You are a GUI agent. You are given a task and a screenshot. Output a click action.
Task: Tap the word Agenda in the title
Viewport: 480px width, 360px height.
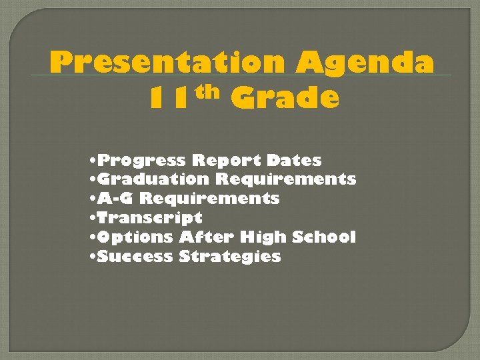point(366,63)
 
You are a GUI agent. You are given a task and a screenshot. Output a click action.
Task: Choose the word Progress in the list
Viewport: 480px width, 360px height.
point(142,161)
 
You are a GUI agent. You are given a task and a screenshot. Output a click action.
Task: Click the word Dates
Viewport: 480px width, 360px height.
point(293,161)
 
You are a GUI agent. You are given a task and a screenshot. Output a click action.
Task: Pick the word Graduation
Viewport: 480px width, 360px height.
point(153,179)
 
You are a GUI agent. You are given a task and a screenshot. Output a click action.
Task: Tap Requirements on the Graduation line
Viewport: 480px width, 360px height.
point(285,179)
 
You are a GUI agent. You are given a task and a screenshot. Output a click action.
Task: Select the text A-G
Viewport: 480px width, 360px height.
point(116,199)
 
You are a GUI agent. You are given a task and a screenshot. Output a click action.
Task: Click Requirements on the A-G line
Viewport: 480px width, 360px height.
point(209,199)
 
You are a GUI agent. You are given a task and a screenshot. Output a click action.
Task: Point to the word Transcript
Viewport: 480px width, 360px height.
point(149,218)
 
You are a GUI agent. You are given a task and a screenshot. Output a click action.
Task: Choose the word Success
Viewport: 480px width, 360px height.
point(135,256)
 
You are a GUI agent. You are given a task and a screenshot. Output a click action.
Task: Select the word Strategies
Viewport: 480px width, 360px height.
point(230,257)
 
